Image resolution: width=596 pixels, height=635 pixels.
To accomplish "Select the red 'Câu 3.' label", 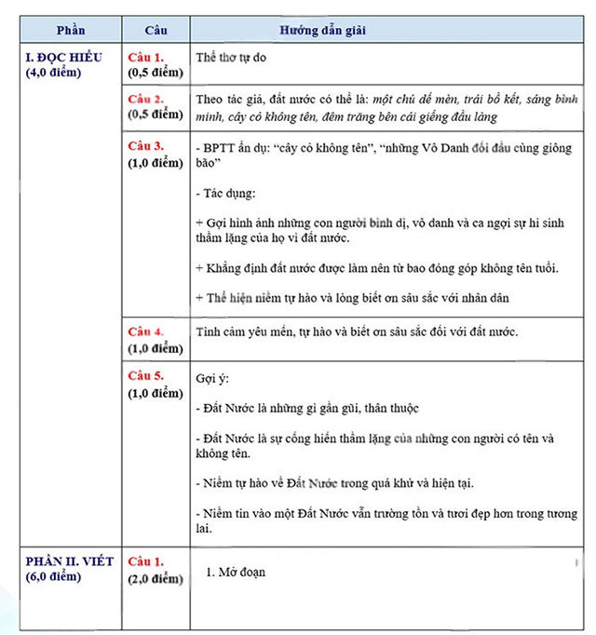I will pyautogui.click(x=146, y=147).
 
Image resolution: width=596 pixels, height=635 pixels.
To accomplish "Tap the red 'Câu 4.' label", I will pyautogui.click(x=146, y=332).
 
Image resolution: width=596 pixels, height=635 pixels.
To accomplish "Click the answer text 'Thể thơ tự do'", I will pyautogui.click(x=234, y=58).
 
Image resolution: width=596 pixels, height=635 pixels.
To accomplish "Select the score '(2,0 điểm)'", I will pyautogui.click(x=156, y=578).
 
